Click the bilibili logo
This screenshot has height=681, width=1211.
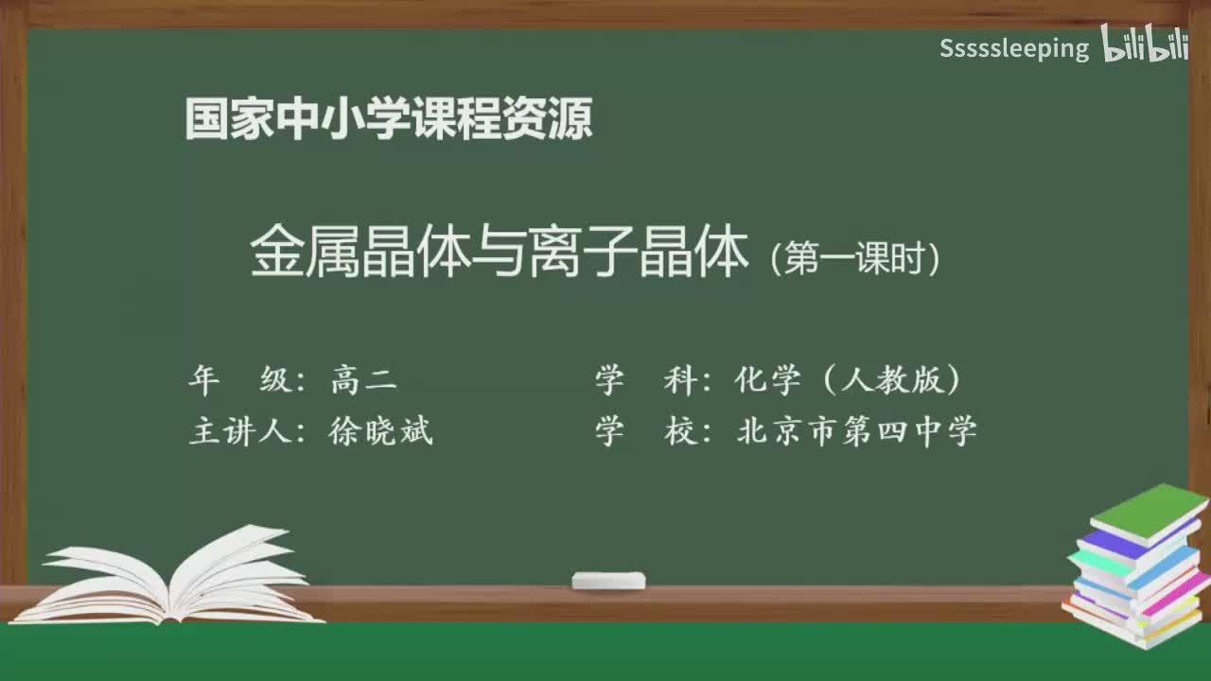(1145, 44)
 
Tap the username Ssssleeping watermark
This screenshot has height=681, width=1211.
(1014, 48)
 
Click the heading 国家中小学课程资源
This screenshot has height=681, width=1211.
(389, 119)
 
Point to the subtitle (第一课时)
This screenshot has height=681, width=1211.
(855, 257)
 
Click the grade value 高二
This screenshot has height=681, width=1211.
(363, 380)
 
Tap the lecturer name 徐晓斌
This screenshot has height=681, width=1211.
(381, 431)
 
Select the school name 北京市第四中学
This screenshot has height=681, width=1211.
(856, 431)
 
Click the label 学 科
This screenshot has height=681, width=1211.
(644, 380)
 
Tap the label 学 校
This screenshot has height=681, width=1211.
(644, 431)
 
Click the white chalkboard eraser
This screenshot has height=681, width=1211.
(608, 580)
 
